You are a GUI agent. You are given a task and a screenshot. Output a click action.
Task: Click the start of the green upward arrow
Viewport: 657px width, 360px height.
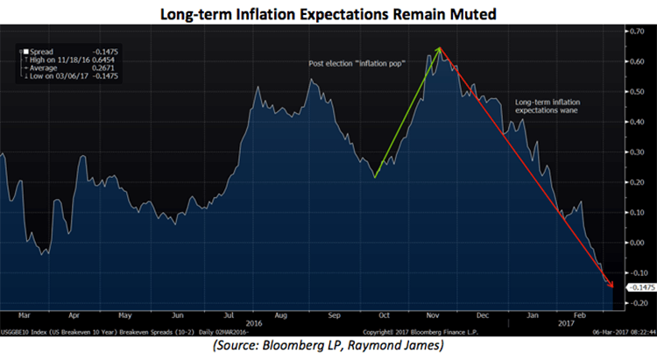pos(374,178)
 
